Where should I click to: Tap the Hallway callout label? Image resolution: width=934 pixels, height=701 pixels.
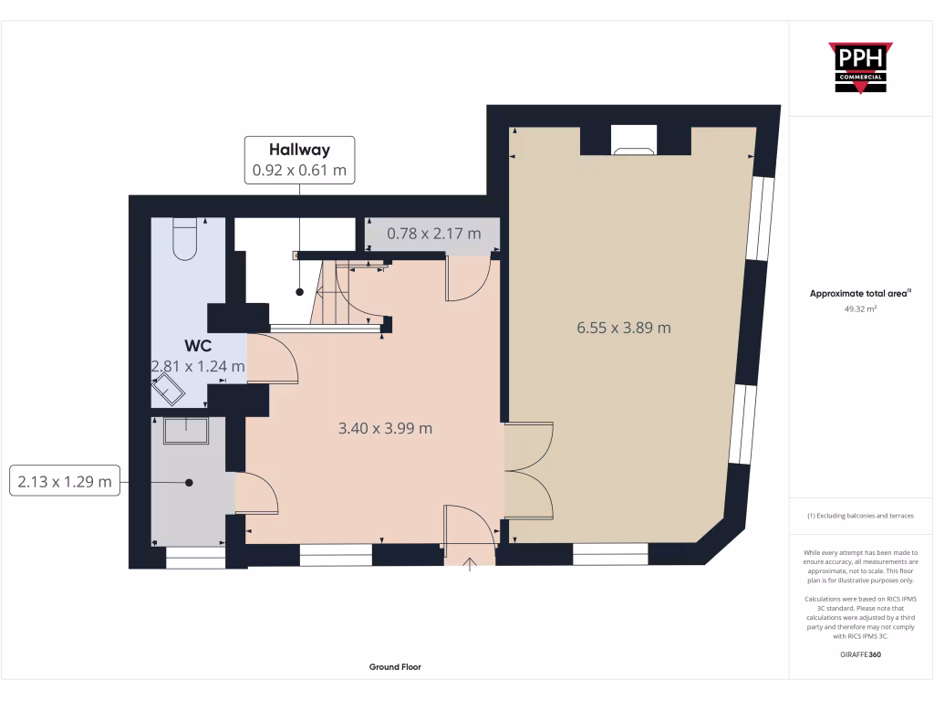[x=299, y=160]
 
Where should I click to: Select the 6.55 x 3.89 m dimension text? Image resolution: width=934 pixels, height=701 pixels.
[x=623, y=328]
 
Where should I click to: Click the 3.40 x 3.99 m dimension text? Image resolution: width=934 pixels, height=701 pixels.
[x=385, y=427]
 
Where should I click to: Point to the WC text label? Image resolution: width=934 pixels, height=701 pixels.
[x=198, y=346]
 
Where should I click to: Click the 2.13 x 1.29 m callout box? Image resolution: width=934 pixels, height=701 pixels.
[x=65, y=481]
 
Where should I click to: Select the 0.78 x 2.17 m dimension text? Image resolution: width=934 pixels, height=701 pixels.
[x=433, y=234]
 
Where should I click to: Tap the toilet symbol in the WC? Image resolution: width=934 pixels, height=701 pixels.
[x=184, y=238]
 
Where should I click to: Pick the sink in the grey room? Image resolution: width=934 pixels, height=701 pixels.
[x=186, y=430]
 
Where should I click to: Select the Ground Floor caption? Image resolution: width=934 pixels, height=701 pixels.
[x=395, y=667]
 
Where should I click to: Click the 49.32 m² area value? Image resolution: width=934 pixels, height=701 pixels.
[x=860, y=309]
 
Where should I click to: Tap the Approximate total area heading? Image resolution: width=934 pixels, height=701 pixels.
[x=860, y=294]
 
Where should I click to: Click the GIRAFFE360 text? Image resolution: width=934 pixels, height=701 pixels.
[x=860, y=654]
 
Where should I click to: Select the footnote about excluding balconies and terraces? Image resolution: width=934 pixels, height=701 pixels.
[x=860, y=516]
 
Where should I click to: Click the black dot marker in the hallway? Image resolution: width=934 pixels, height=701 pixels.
[x=299, y=292]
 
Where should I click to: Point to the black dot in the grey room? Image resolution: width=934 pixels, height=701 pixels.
[x=189, y=482]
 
